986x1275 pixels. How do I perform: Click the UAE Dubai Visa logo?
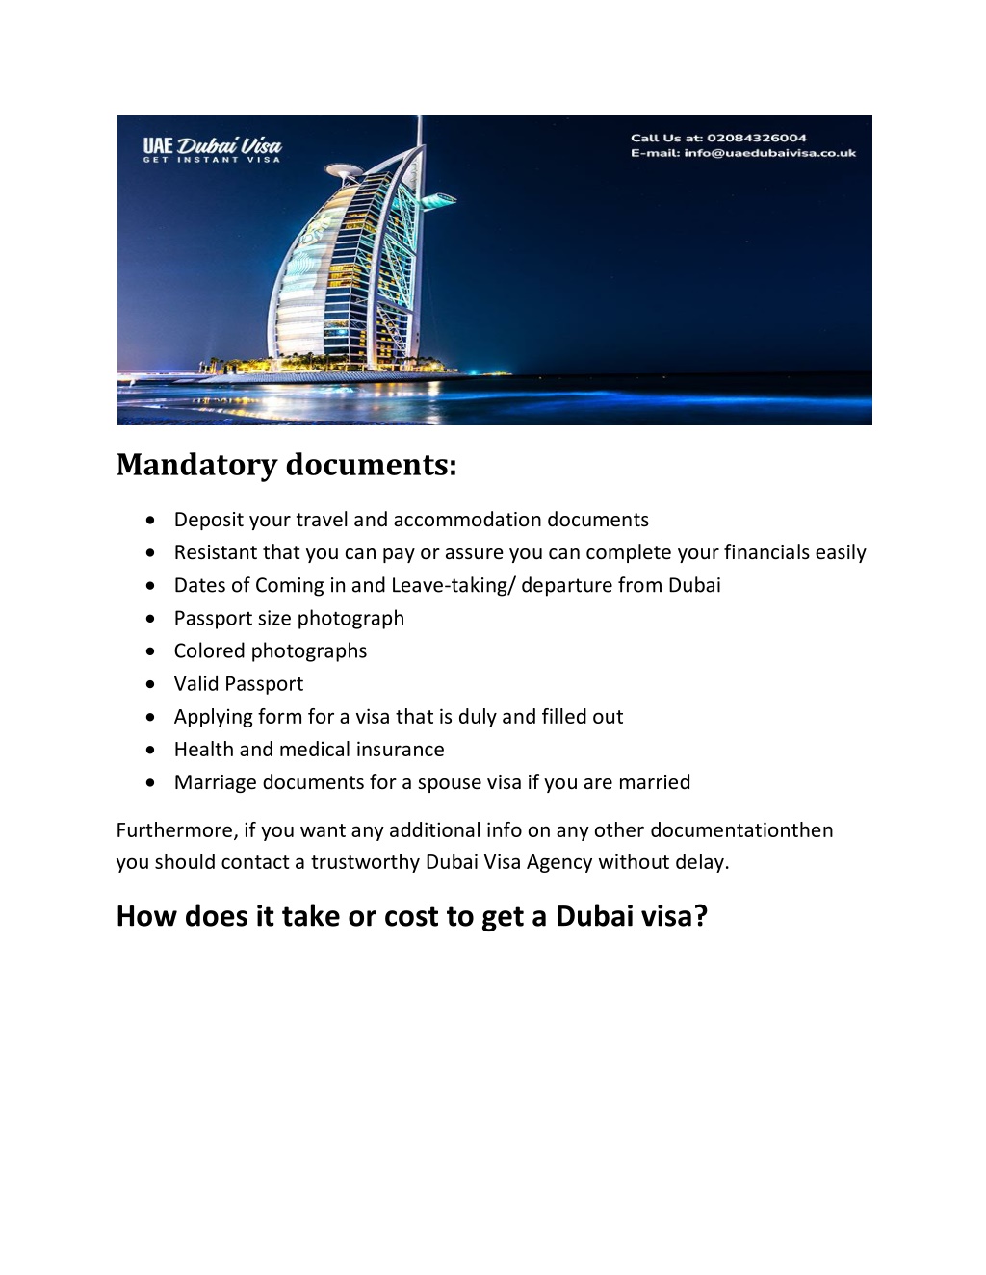point(212,149)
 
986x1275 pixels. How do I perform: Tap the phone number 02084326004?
point(757,138)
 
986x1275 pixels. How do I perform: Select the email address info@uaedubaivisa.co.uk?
point(769,153)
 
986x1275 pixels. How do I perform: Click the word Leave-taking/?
point(453,585)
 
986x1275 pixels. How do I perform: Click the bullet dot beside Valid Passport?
point(150,684)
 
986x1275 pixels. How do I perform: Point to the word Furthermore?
point(176,830)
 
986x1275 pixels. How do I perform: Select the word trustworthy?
point(365,862)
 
